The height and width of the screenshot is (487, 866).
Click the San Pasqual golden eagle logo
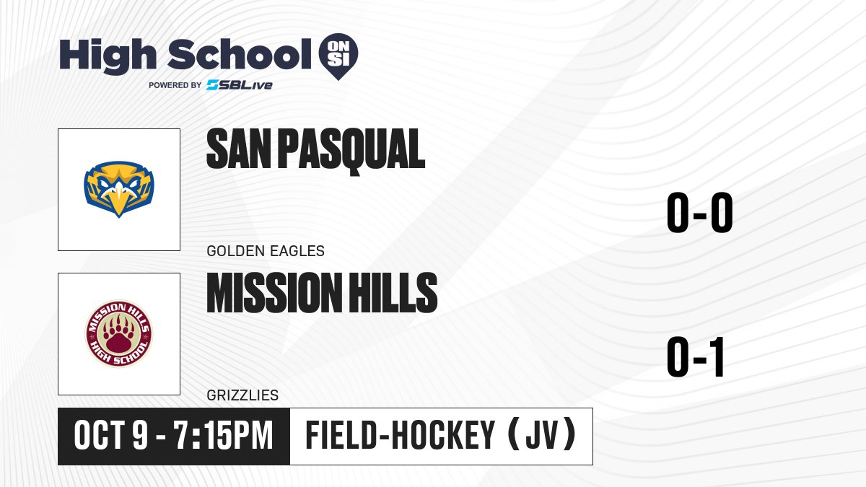[x=119, y=189]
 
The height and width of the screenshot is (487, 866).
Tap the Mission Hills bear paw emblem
[x=119, y=334]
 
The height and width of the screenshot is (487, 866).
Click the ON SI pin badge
[x=338, y=56]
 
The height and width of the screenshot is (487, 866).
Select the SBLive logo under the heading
[x=240, y=85]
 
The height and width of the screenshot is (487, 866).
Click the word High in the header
[x=108, y=56]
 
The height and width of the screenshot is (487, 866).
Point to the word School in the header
[x=240, y=54]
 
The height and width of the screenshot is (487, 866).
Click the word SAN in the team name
[x=239, y=149]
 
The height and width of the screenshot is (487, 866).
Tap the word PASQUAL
[x=351, y=151]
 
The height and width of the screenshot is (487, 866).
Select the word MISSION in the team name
[x=273, y=292]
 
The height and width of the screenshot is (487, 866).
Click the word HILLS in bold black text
[x=393, y=292]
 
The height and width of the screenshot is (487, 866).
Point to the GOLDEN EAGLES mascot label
[x=266, y=251]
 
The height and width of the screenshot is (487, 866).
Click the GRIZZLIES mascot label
[x=242, y=395]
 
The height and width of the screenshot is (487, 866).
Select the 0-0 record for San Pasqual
[x=700, y=213]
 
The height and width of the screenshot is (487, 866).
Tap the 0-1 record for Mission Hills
[x=695, y=356]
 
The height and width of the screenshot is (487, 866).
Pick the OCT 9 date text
[x=111, y=436]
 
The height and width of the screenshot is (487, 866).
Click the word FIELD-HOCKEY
[x=400, y=435]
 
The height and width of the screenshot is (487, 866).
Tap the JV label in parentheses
[x=542, y=435]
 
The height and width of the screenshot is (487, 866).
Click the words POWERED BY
[x=175, y=85]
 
